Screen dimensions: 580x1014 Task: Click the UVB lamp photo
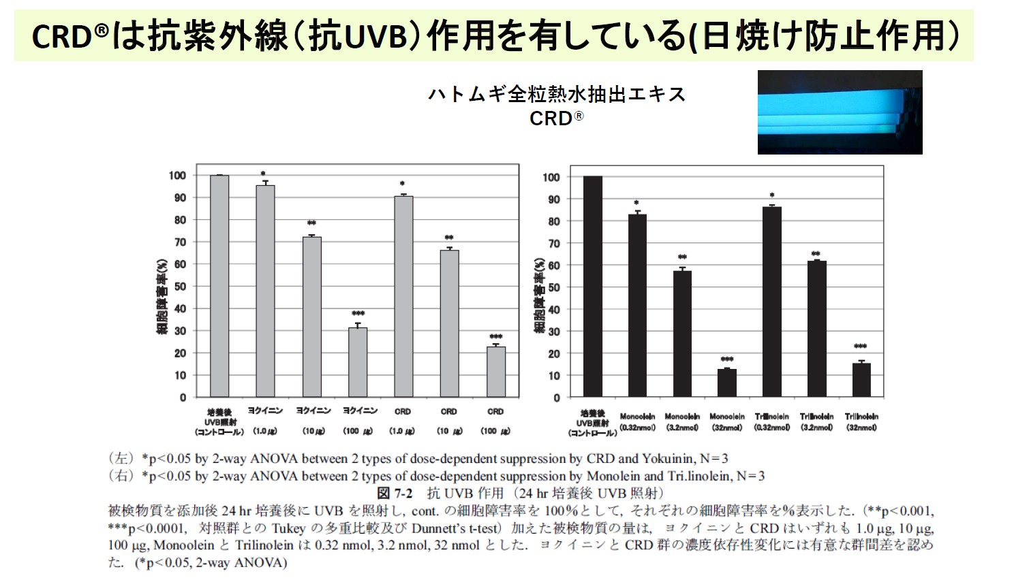click(x=840, y=112)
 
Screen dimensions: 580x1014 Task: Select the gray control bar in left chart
click(x=219, y=286)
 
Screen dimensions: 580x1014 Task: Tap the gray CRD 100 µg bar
click(x=496, y=372)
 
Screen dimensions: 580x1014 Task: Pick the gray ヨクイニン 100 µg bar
click(x=358, y=362)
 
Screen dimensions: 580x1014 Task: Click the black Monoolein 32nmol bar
click(x=727, y=383)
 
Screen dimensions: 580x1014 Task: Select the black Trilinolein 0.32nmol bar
click(x=772, y=302)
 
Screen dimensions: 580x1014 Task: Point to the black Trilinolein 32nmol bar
click(x=861, y=380)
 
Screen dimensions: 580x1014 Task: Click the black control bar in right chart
click(x=593, y=286)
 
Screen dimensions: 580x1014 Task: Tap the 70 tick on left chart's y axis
click(x=180, y=242)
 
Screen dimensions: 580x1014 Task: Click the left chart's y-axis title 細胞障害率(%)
click(x=162, y=297)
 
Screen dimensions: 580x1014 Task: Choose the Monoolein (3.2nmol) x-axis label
click(x=682, y=422)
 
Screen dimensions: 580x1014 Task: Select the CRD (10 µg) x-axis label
click(x=449, y=421)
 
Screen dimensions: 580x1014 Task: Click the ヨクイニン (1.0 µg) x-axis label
click(x=265, y=421)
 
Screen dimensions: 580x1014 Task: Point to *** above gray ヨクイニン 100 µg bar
click(x=358, y=314)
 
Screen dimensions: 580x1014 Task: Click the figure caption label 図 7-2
click(x=395, y=493)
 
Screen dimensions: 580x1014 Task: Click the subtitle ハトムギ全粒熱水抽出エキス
click(x=557, y=94)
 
